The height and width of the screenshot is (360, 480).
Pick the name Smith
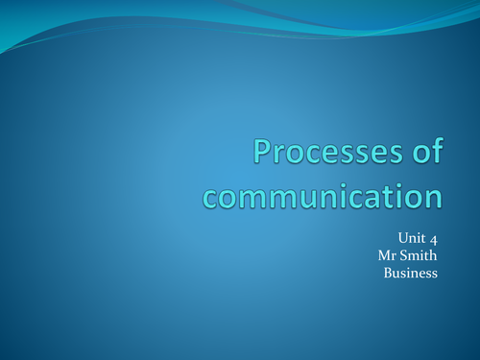click(x=420, y=255)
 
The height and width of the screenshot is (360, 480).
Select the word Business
click(x=411, y=273)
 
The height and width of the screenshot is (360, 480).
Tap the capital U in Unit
click(x=401, y=238)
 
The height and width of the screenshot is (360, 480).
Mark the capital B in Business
click(x=388, y=273)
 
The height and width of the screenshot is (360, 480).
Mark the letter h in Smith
click(x=433, y=255)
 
